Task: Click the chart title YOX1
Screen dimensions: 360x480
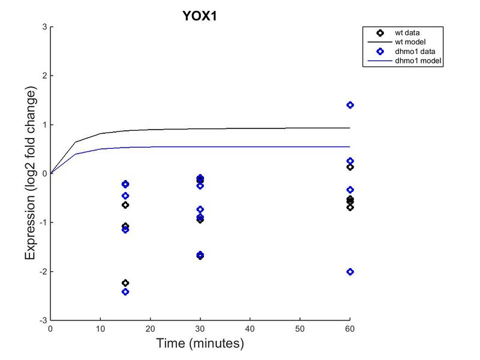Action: click(199, 16)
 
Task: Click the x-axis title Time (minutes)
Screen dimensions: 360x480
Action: click(200, 344)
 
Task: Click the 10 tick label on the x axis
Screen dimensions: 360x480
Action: click(100, 329)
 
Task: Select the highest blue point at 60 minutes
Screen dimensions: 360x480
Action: click(350, 105)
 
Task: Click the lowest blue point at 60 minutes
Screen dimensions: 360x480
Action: click(350, 272)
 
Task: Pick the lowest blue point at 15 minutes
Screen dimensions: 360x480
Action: click(125, 292)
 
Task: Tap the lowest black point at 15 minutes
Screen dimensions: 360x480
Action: click(125, 283)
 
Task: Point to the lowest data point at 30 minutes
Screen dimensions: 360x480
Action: click(200, 256)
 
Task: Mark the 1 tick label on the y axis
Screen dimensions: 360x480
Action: click(44, 125)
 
